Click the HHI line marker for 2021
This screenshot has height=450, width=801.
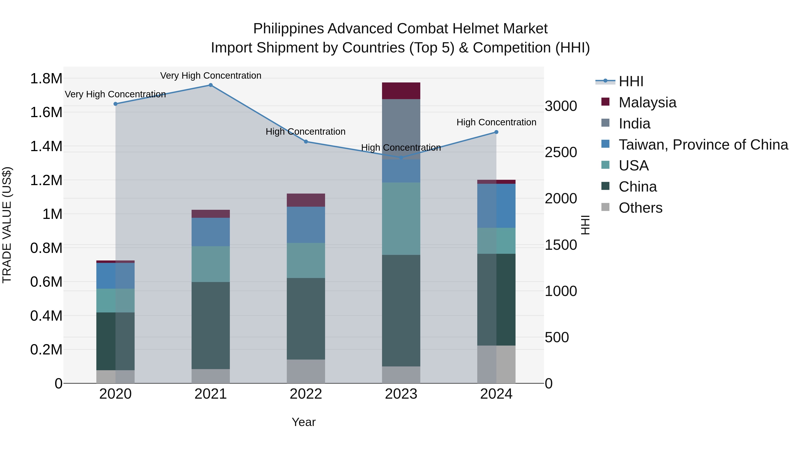point(210,85)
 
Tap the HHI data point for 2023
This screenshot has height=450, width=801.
point(401,158)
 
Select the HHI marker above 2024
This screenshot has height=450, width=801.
point(496,132)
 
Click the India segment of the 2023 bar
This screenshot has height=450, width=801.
point(401,129)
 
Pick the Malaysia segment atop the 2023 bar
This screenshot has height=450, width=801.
point(401,91)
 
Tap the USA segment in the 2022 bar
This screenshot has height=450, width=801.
point(306,260)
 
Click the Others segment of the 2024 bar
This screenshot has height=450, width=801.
point(496,364)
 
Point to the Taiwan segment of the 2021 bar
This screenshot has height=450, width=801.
point(210,232)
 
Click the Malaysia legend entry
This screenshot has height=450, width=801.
point(647,102)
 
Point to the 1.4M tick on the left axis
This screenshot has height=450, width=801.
point(46,146)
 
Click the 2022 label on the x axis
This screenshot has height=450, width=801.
point(306,394)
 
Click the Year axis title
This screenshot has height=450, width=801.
point(303,422)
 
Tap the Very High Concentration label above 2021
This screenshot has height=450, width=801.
point(210,76)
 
